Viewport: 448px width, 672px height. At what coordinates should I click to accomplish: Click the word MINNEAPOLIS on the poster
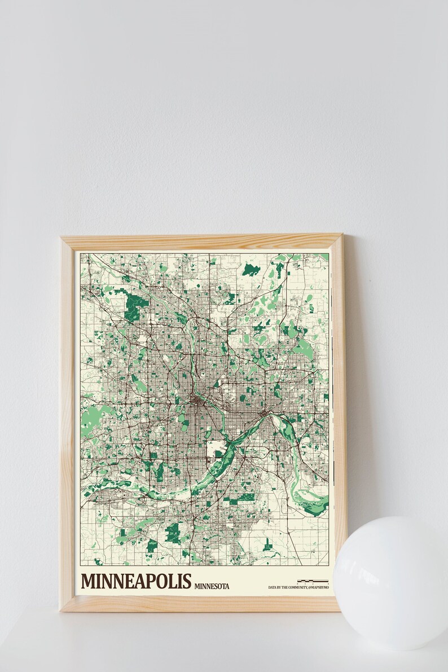pos(137,581)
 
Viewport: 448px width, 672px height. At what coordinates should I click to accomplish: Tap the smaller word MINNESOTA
pos(212,586)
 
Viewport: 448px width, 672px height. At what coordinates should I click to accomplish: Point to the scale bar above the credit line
pos(313,581)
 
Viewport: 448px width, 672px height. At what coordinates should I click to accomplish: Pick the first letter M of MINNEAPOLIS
pos(88,581)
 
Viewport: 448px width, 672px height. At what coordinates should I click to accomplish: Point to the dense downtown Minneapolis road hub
pos(196,401)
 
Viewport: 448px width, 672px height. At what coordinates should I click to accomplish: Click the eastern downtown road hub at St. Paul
pos(264,416)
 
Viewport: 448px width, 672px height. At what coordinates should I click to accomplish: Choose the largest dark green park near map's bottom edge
pos(173,530)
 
